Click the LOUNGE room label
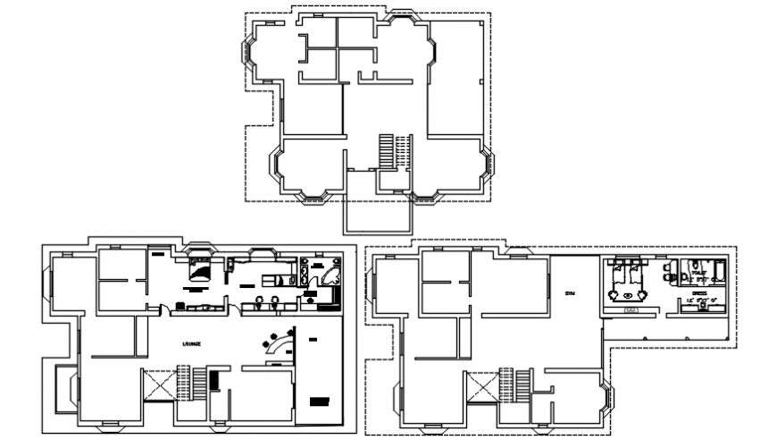[191, 343]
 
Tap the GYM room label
[570, 294]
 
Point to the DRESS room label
[698, 292]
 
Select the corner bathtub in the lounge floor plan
[332, 272]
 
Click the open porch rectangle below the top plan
[378, 215]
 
